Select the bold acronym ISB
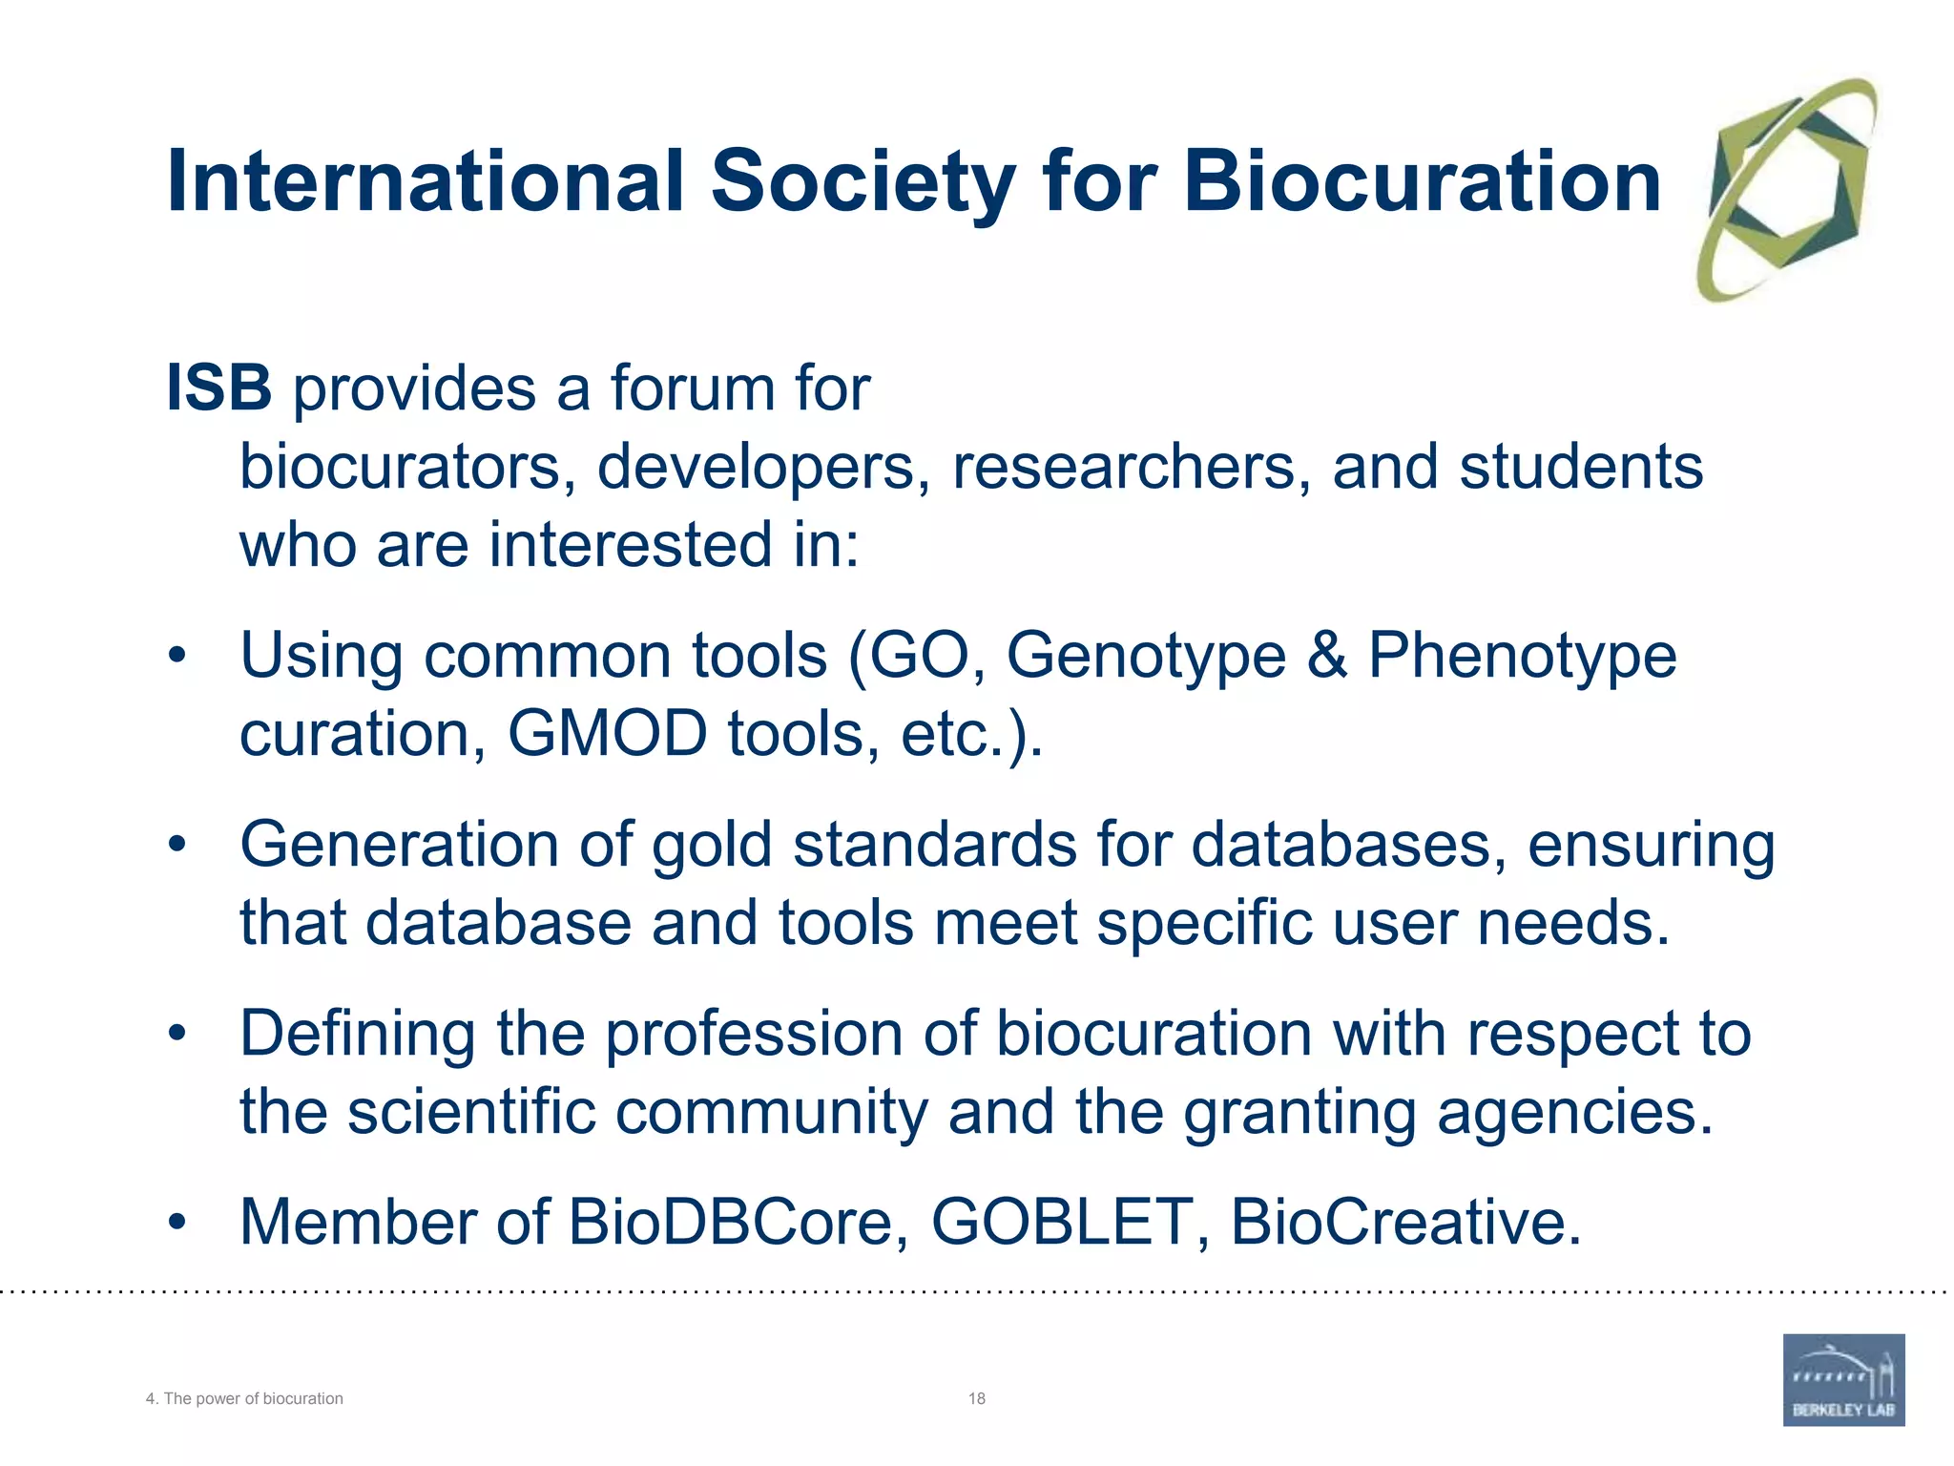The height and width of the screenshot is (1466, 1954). pos(218,388)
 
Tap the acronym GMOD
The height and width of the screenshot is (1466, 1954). pos(607,734)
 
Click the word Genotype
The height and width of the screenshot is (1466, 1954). pos(1146,658)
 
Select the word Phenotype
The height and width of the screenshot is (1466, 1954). pos(1522,658)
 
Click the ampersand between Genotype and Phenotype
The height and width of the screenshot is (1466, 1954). pos(1327,656)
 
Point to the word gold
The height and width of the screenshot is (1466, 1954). pos(711,846)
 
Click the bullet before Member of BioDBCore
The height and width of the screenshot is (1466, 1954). pos(177,1223)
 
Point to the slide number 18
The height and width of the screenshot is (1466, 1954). pos(976,1398)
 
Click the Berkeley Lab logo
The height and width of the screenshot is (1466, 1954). pos(1843,1379)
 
